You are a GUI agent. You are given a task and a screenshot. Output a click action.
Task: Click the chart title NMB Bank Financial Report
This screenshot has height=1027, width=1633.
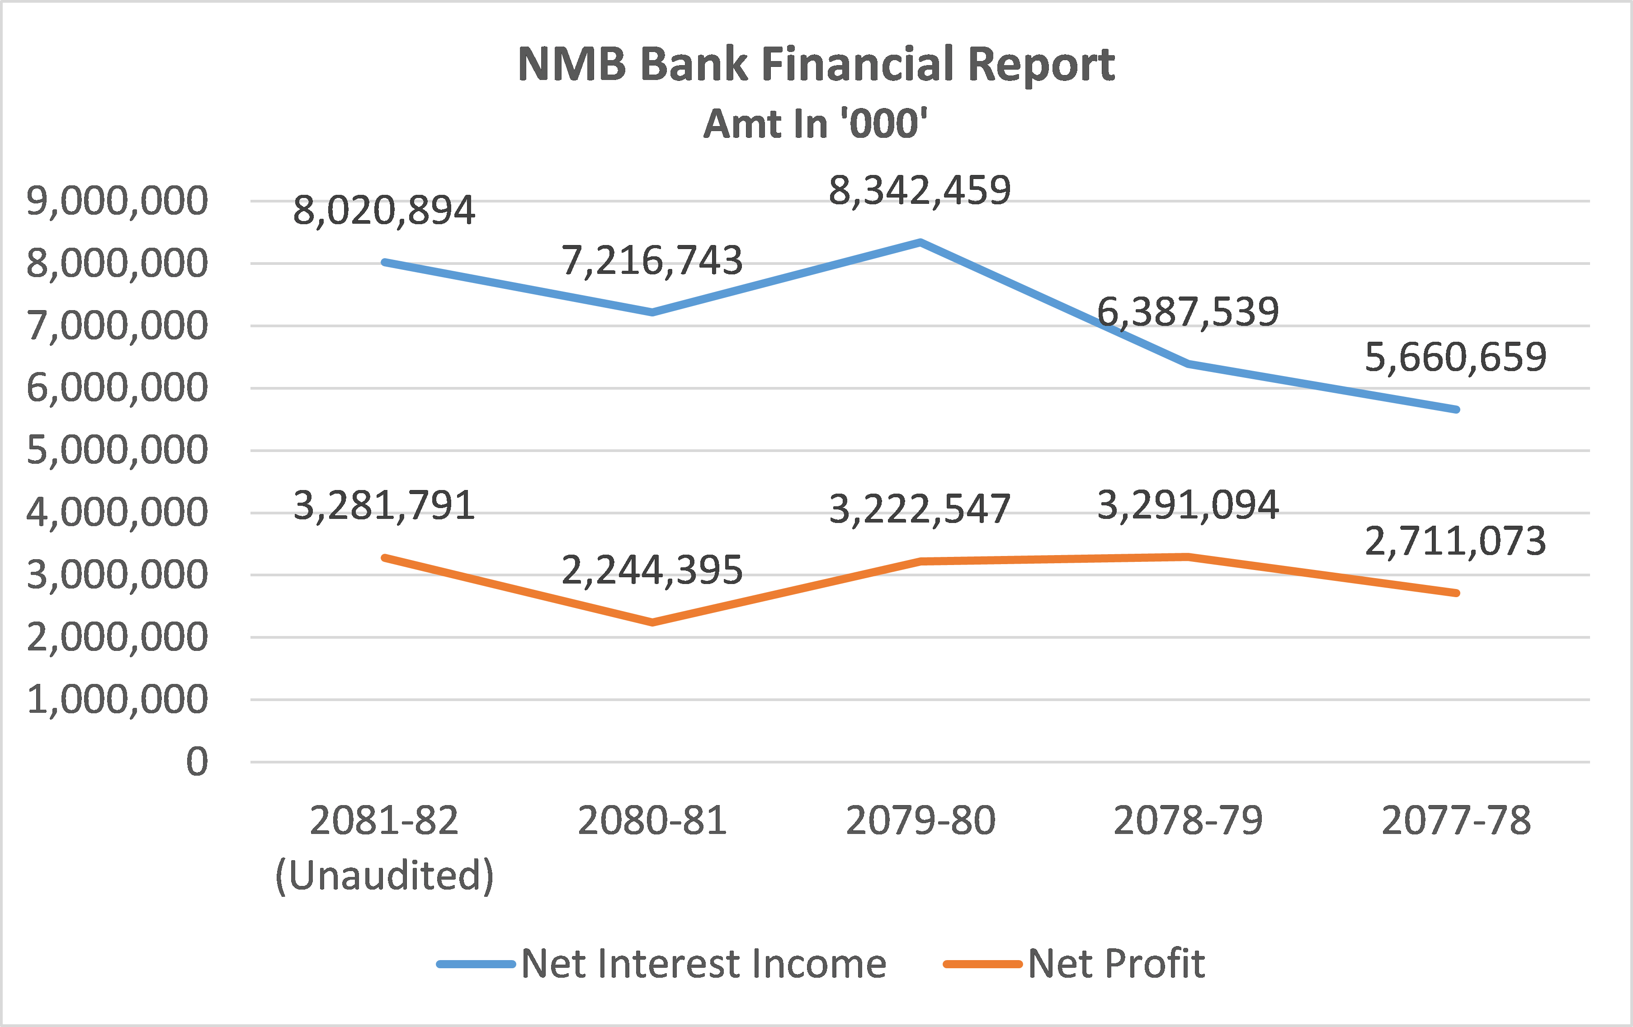coord(816,64)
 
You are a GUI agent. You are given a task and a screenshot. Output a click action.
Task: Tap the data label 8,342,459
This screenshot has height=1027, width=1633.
coord(920,190)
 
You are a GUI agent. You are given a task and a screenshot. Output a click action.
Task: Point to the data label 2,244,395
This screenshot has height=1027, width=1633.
coord(652,570)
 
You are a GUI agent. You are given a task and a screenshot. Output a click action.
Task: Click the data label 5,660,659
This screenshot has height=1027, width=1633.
coord(1455,357)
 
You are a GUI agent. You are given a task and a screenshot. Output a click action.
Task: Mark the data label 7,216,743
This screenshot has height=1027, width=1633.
coord(652,260)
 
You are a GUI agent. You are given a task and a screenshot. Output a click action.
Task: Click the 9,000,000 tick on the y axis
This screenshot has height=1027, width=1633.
coord(117,201)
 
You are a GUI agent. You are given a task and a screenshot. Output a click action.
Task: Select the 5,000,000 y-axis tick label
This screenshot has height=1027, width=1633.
coord(117,450)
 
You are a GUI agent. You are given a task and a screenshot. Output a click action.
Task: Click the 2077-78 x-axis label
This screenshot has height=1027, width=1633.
coord(1456,820)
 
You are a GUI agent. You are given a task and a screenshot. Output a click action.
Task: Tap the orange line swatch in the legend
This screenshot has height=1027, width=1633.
coord(983,964)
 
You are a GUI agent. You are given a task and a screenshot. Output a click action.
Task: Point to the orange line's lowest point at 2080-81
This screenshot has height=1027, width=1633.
coord(652,622)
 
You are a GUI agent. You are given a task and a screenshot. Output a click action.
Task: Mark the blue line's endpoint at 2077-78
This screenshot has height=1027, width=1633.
coord(1456,410)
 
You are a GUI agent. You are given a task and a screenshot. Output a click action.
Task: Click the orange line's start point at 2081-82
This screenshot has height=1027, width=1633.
coord(384,557)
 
